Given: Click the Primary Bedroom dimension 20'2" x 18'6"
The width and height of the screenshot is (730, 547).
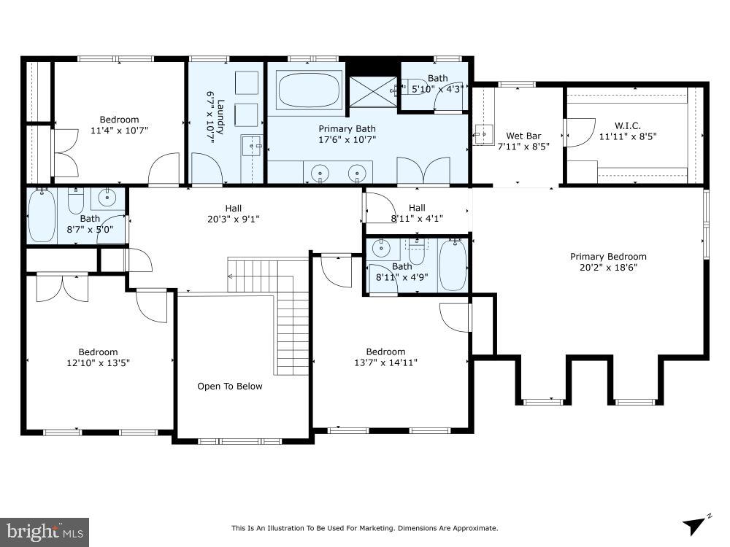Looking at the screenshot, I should point(608,267).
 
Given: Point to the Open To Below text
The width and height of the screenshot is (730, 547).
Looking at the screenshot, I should point(229,387).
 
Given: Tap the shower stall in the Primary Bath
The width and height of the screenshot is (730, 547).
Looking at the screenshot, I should point(372,92).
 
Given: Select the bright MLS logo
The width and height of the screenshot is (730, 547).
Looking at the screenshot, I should point(44,531).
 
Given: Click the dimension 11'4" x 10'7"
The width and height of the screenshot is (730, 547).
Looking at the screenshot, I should point(119,131).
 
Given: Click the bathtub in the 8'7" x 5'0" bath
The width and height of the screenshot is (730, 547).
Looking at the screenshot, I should point(42,217).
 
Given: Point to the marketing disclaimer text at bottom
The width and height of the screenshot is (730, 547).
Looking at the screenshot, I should point(364,528).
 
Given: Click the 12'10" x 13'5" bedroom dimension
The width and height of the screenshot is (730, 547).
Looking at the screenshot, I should point(99,362).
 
